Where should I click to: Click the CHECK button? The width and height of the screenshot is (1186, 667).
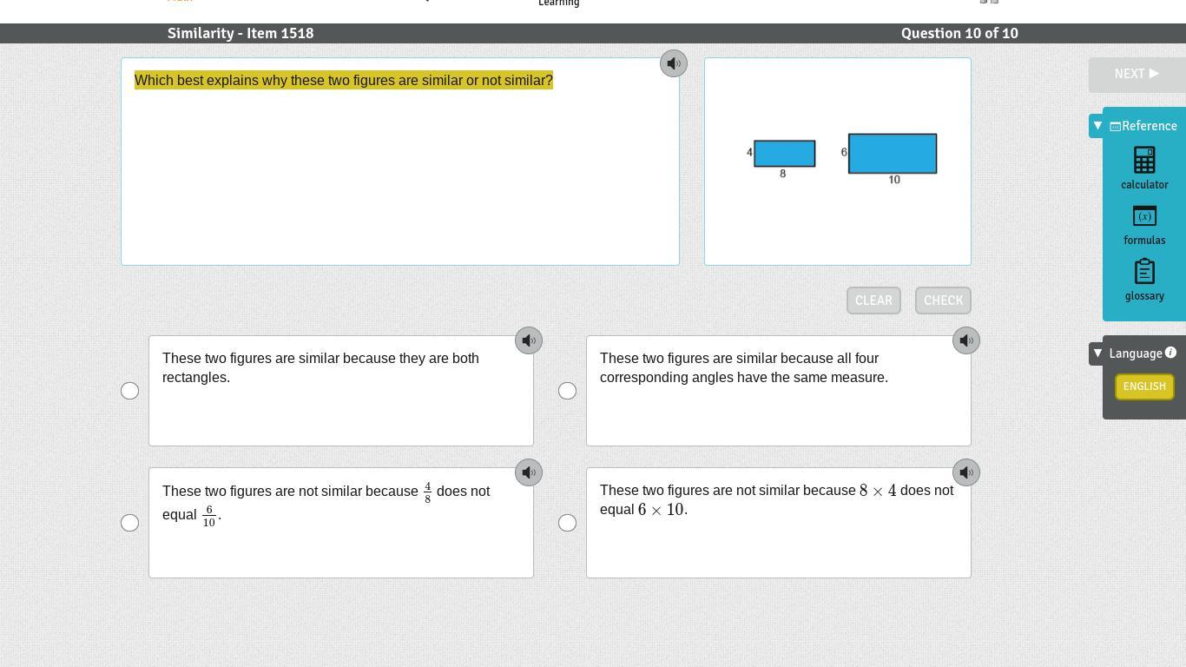click(943, 300)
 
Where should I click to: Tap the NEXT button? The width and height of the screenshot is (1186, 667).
click(1137, 74)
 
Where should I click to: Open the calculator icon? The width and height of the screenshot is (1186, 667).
click(1144, 160)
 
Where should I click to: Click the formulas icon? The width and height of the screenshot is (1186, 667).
click(1144, 216)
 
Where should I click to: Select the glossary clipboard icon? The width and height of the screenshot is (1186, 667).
click(1144, 271)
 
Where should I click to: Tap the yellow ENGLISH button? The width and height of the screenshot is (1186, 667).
click(1144, 386)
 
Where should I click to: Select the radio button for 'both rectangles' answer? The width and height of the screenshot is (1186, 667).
click(129, 391)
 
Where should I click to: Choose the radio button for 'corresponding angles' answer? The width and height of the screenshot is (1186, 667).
click(567, 391)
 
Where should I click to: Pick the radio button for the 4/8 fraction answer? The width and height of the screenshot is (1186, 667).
click(129, 523)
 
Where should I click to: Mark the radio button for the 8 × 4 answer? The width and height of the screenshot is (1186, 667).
click(567, 523)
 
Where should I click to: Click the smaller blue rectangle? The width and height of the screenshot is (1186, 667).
click(784, 154)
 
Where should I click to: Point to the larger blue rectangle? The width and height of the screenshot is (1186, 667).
click(893, 154)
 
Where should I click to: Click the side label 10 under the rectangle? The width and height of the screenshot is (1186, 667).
click(894, 180)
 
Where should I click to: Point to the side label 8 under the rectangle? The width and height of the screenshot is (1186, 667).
click(782, 174)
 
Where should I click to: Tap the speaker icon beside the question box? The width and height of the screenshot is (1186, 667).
click(674, 63)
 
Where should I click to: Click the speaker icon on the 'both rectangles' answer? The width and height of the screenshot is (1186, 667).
click(529, 340)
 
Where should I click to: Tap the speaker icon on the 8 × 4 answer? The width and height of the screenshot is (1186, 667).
click(965, 472)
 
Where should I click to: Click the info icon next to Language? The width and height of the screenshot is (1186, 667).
click(1170, 353)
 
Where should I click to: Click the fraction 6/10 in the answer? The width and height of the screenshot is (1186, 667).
click(209, 516)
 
